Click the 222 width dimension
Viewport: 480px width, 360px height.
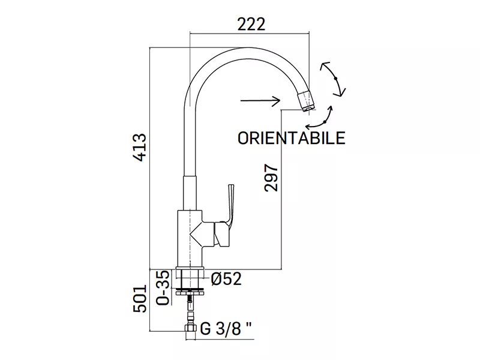pos(251,24)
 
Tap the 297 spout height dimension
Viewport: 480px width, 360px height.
pos(271,178)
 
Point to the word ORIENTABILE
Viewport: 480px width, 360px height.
pos(291,138)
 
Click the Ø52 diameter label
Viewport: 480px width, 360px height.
pos(226,278)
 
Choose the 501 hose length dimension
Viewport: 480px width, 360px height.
pos(140,299)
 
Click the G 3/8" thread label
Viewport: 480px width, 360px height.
pos(226,329)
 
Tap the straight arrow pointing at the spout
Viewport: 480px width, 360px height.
pos(260,100)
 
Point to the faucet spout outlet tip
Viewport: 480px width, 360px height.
pos(307,101)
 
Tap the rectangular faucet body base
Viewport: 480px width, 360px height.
pos(190,238)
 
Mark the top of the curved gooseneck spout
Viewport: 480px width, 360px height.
pos(247,53)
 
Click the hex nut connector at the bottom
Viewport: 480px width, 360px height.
pos(190,328)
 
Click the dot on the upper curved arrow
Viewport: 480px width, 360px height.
pos(336,79)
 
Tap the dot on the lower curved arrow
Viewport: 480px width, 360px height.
pos(325,122)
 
